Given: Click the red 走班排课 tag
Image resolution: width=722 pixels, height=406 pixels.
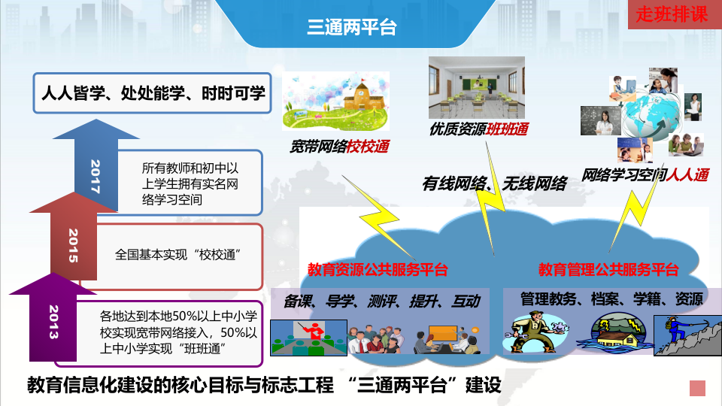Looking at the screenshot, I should coord(672,15).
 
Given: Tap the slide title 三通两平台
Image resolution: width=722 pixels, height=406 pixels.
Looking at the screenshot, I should coord(351,28).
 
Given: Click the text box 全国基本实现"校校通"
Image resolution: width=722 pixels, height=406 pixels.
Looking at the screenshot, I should coord(181,254).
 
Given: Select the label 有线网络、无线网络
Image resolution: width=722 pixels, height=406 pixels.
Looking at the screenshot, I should coord(494,183).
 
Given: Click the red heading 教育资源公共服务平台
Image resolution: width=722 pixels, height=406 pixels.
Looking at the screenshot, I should coord(378,269).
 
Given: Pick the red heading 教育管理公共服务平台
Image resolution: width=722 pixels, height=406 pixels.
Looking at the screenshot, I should coord(608,269).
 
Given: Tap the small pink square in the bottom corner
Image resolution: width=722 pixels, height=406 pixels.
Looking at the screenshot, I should coord(697,388).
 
